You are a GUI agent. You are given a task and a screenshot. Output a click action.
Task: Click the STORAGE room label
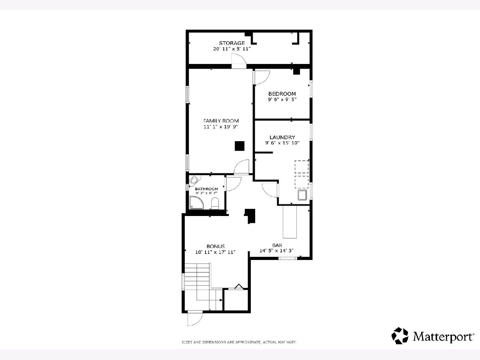click(232, 43)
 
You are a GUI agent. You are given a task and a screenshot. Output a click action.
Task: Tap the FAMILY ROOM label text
click(221, 121)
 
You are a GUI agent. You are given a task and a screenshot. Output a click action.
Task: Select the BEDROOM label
click(282, 94)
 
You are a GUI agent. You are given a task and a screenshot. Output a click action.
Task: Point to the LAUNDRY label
click(282, 137)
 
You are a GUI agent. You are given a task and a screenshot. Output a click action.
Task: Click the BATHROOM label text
click(206, 189)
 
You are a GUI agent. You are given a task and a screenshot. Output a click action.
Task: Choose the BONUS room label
click(216, 246)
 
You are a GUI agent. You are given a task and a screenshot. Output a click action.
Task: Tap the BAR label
click(277, 245)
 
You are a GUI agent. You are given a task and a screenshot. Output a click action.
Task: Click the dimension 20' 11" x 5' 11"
click(232, 49)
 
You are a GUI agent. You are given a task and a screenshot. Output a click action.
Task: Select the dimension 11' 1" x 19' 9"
click(221, 126)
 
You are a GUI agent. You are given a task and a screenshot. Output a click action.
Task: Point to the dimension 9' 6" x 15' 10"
click(282, 143)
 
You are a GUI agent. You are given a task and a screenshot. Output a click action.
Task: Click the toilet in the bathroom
click(215, 204)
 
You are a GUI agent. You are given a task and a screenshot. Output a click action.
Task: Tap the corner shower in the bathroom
click(196, 203)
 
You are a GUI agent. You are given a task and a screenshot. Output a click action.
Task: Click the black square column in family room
click(240, 146)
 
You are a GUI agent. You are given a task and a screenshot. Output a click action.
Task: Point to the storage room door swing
click(239, 61)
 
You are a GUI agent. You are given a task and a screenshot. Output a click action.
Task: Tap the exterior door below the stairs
click(195, 318)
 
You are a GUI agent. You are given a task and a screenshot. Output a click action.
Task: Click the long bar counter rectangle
click(290, 222)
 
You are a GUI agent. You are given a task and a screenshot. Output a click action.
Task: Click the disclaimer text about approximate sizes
click(239, 342)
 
